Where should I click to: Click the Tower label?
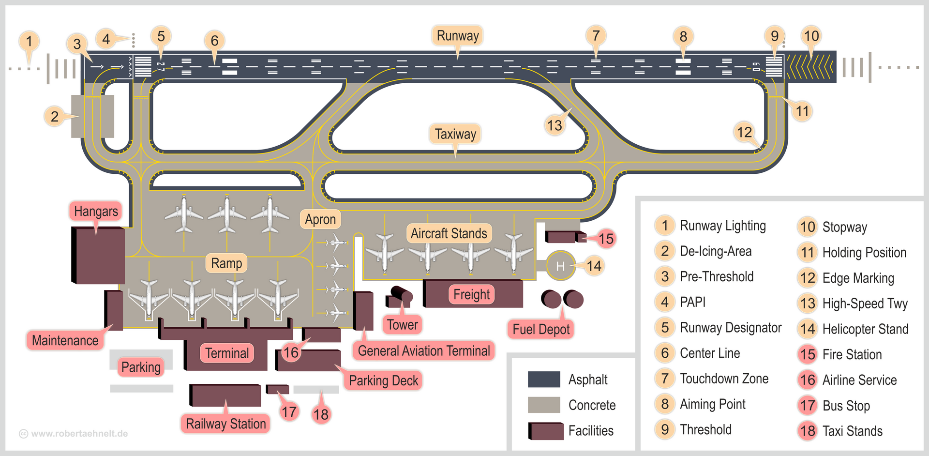point(402,324)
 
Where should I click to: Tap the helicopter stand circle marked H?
point(560,266)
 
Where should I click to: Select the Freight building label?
point(471,294)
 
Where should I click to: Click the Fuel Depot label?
point(541,329)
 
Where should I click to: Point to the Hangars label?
point(96,211)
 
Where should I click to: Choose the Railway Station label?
point(225,424)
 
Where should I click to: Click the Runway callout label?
point(457,35)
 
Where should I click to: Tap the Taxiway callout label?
point(455,134)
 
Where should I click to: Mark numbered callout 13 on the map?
point(554,125)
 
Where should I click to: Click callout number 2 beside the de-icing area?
point(55,116)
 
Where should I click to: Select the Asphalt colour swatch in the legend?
point(544,380)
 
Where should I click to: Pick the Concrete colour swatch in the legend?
point(544,405)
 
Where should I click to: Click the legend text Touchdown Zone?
point(724,379)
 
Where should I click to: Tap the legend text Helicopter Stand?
point(865,329)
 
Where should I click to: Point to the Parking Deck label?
point(383,380)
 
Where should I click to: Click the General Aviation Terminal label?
point(424,350)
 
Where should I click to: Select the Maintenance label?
point(65,340)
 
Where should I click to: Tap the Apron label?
point(320,219)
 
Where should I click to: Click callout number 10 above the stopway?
point(811,36)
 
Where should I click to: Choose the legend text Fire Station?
point(852,354)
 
